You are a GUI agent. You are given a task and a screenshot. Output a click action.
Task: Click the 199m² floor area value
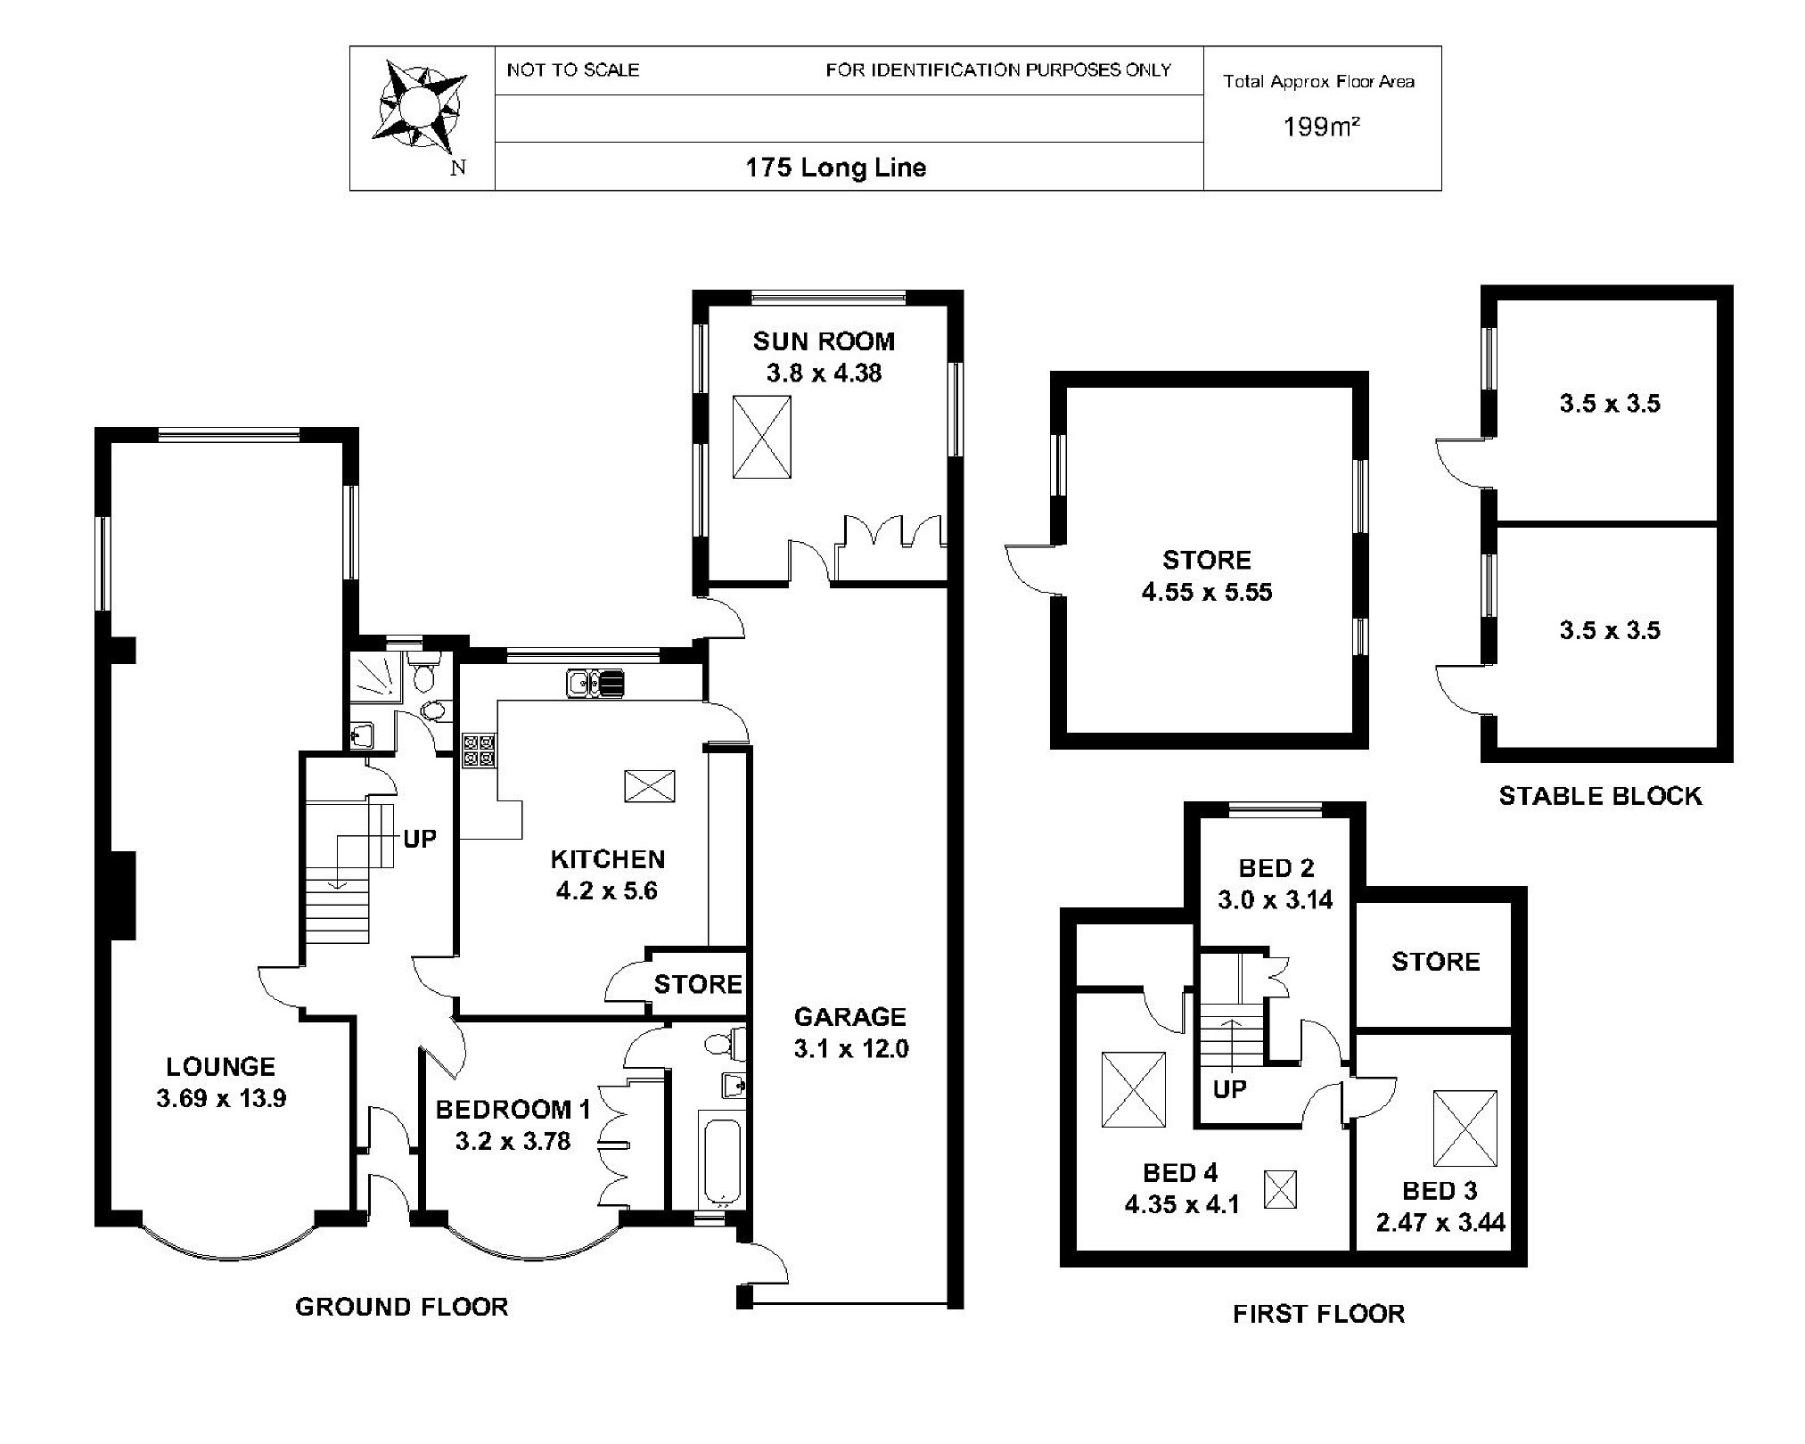pos(1321,127)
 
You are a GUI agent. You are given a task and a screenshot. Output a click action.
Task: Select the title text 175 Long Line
pos(836,168)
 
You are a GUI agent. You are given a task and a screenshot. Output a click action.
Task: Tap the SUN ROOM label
pos(824,341)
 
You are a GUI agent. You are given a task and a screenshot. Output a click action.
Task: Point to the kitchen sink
pos(595,684)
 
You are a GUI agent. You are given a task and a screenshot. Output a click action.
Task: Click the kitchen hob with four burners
pos(479,750)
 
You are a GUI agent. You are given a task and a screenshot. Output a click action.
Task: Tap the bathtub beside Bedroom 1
pos(721,1156)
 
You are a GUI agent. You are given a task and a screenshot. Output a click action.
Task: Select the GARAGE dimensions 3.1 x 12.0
pos(851,1048)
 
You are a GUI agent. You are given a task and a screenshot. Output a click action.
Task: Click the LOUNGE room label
pos(221,1066)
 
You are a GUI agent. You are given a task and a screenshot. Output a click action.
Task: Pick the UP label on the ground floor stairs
pos(420,839)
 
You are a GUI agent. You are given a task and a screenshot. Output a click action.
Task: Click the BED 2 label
pos(1276,867)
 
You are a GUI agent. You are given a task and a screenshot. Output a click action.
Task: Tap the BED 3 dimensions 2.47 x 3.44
pos(1440,1222)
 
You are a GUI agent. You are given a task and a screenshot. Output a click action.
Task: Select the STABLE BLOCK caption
pos(1600,796)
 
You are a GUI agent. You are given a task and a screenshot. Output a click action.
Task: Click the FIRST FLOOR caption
pos(1318,1313)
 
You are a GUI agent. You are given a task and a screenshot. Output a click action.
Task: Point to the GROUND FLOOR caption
pos(401,1307)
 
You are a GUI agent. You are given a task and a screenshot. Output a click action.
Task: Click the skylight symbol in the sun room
pos(761,438)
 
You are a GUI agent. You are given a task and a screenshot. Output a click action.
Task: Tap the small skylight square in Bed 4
pos(1281,1189)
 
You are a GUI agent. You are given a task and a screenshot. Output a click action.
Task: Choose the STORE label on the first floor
pos(1435,961)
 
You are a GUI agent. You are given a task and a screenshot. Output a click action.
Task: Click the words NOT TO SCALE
pos(573,70)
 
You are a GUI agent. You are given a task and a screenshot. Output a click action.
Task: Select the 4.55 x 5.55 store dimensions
pos(1207,592)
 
